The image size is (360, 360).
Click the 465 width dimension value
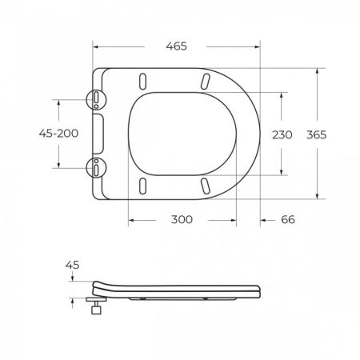coord(176,46)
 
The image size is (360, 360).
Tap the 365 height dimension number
coord(316,134)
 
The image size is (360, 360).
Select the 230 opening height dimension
coord(282,134)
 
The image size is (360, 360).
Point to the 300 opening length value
coord(182,219)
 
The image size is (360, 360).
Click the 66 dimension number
coord(288,219)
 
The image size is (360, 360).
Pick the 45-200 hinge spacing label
coord(58,133)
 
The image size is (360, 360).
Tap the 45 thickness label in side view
coord(73,265)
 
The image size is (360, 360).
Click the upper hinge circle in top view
coord(96,99)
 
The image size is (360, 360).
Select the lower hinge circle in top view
coord(96,168)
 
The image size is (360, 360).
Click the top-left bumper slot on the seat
coord(143,81)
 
